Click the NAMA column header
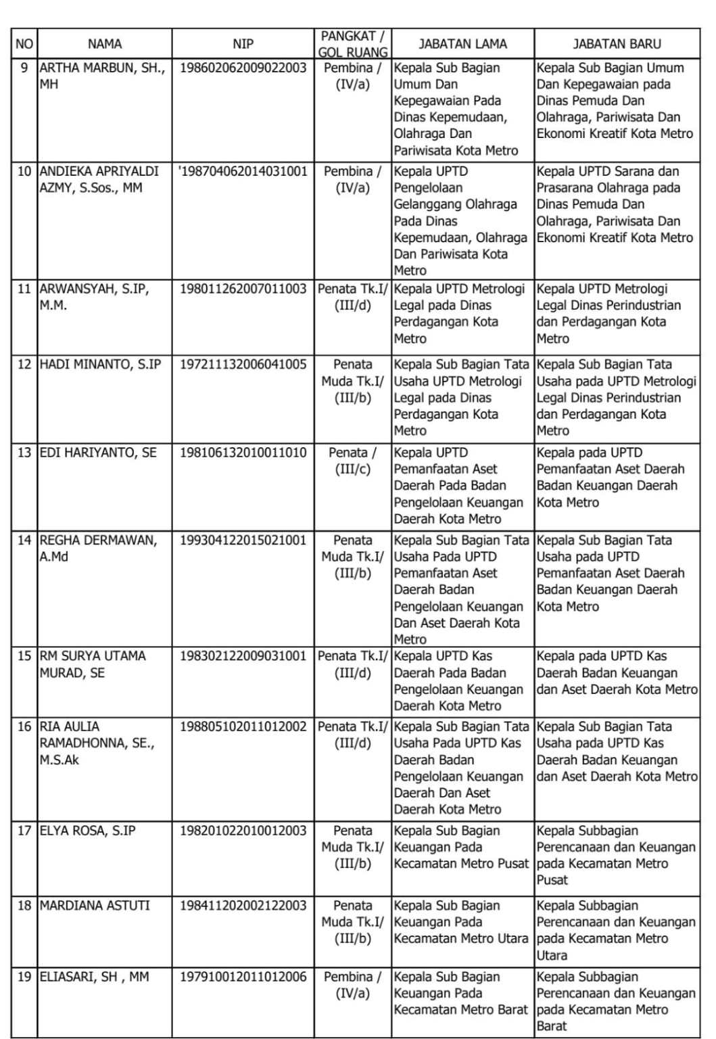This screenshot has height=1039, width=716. (105, 44)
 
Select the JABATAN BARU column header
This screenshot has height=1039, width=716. (617, 44)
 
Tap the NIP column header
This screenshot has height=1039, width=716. (243, 44)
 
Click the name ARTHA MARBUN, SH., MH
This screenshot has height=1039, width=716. (101, 76)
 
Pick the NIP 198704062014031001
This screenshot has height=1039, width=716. (243, 171)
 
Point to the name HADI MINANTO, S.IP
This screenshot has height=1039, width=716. (100, 364)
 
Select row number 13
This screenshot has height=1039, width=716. (24, 453)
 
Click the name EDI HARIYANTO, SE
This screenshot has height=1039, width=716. (98, 453)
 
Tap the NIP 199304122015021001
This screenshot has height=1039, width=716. (243, 540)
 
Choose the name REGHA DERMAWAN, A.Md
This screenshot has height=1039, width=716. (98, 548)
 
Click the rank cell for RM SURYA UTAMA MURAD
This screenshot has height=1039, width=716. (353, 664)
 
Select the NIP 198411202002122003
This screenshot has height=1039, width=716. (243, 905)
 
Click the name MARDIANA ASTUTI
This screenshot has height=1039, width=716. (95, 905)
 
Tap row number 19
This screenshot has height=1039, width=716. (24, 976)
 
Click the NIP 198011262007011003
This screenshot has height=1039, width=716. (243, 289)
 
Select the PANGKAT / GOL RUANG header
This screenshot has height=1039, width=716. (353, 44)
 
